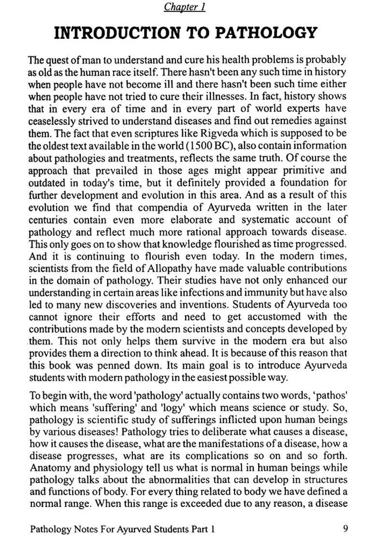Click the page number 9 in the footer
(x=344, y=528)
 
